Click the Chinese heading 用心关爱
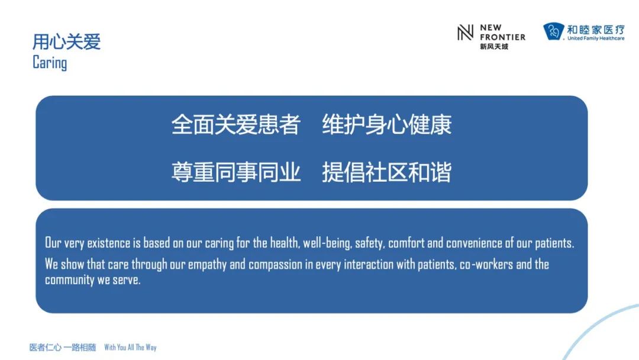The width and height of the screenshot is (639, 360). [x=66, y=41]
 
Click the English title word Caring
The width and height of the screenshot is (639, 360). [x=50, y=63]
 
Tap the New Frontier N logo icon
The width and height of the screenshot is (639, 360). [x=465, y=33]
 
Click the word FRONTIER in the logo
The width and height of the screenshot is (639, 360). [x=502, y=37]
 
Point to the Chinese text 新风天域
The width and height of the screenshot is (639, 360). [x=494, y=46]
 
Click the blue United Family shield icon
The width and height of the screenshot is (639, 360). [x=553, y=31]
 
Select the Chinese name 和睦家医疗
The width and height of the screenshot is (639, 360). [x=596, y=30]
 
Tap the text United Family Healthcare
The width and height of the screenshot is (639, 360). [x=596, y=38]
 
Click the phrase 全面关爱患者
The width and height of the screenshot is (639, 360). [x=236, y=124]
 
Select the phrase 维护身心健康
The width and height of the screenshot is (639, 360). [x=387, y=124]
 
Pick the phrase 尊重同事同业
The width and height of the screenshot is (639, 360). [x=236, y=172]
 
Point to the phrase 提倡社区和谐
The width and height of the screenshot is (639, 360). [x=387, y=172]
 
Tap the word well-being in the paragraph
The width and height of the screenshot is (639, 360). [x=327, y=243]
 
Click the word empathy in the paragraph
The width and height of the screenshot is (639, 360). [x=207, y=265]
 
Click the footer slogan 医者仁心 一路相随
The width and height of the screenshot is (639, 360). [x=63, y=348]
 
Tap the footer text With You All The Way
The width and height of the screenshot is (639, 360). [x=130, y=348]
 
